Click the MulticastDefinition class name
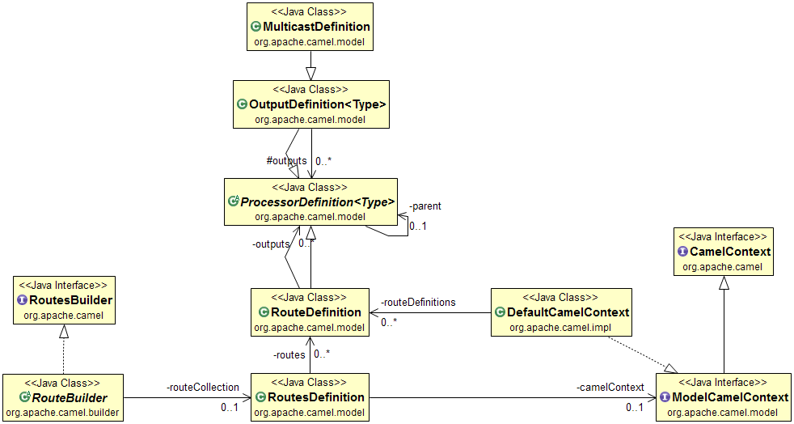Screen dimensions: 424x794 (316, 27)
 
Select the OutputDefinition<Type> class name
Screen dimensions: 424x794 (318, 104)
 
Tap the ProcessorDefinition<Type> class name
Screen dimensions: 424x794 (318, 201)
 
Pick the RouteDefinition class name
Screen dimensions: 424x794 (316, 312)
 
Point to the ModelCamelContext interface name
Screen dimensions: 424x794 (729, 397)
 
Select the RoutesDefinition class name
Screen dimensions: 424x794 (317, 397)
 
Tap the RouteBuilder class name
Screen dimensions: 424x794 (69, 397)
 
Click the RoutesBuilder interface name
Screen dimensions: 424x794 (70, 300)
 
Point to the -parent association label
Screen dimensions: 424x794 (425, 206)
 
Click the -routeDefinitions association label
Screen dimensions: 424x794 (418, 302)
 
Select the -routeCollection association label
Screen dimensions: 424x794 (203, 388)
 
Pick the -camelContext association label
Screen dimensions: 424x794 (610, 388)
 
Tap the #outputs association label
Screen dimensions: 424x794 (286, 160)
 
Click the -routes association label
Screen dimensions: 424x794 (289, 354)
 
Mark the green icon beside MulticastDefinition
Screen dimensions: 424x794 (256, 27)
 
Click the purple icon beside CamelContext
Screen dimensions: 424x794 (682, 252)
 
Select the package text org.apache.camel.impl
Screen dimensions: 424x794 (561, 327)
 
